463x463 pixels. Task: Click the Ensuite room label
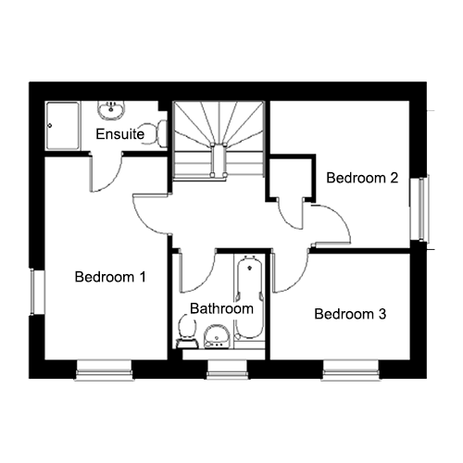click(x=120, y=134)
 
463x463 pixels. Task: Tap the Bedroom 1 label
click(x=110, y=277)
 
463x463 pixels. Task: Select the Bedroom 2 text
click(x=362, y=178)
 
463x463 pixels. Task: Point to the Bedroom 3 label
click(x=350, y=314)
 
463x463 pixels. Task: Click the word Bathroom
click(x=221, y=308)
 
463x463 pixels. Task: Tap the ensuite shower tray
click(x=62, y=126)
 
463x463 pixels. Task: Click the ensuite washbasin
click(x=111, y=110)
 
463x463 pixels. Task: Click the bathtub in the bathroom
click(x=249, y=298)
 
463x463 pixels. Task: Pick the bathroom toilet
click(x=187, y=332)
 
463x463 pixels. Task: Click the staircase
click(x=219, y=140)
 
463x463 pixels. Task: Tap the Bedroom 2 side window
click(x=419, y=209)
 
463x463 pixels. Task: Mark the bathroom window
click(x=228, y=369)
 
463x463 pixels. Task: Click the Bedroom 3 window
click(x=351, y=369)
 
